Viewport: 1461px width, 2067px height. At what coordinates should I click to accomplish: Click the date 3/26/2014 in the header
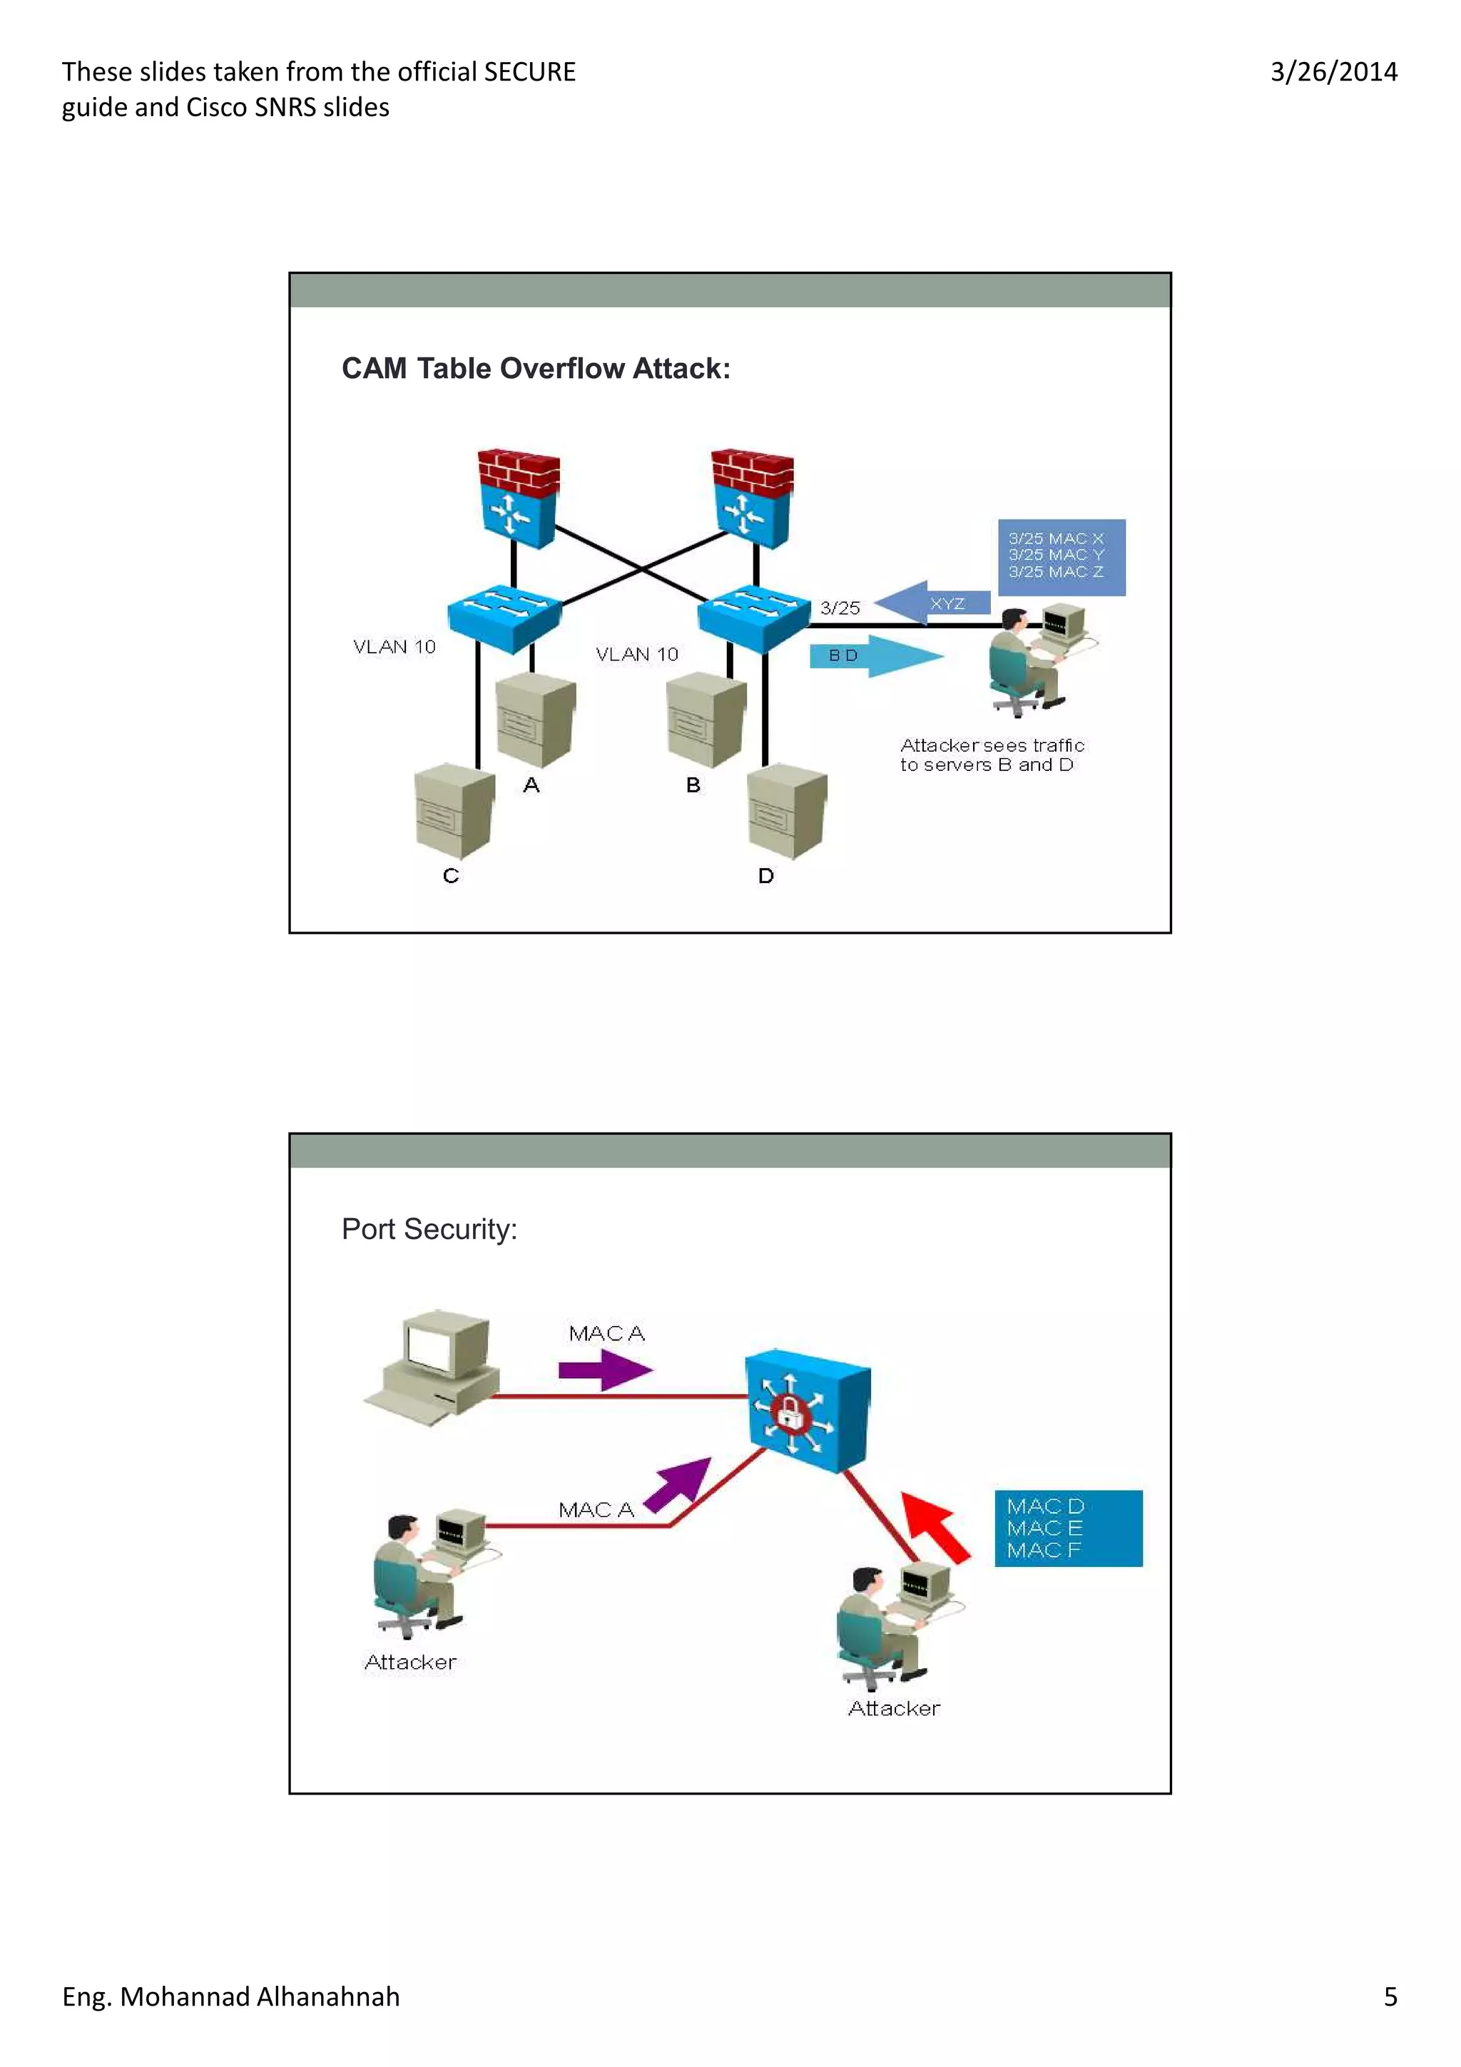[1333, 72]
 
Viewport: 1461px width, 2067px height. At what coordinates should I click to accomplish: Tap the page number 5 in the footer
[1390, 1996]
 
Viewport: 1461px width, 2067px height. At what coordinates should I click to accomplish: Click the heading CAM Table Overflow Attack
[536, 368]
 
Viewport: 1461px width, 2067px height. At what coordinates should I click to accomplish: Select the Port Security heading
[429, 1229]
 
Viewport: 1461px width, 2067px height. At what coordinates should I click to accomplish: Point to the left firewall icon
[518, 497]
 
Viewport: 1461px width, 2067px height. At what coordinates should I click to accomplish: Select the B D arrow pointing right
[875, 655]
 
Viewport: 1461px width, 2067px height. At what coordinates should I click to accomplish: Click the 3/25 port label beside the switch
[839, 608]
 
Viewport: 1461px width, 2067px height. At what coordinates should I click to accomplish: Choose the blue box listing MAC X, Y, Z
[1060, 556]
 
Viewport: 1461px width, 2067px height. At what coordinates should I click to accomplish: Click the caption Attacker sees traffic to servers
[991, 755]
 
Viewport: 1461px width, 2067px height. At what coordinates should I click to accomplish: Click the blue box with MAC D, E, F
[1068, 1528]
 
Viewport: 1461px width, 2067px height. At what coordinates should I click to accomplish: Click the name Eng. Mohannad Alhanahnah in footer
[230, 1996]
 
